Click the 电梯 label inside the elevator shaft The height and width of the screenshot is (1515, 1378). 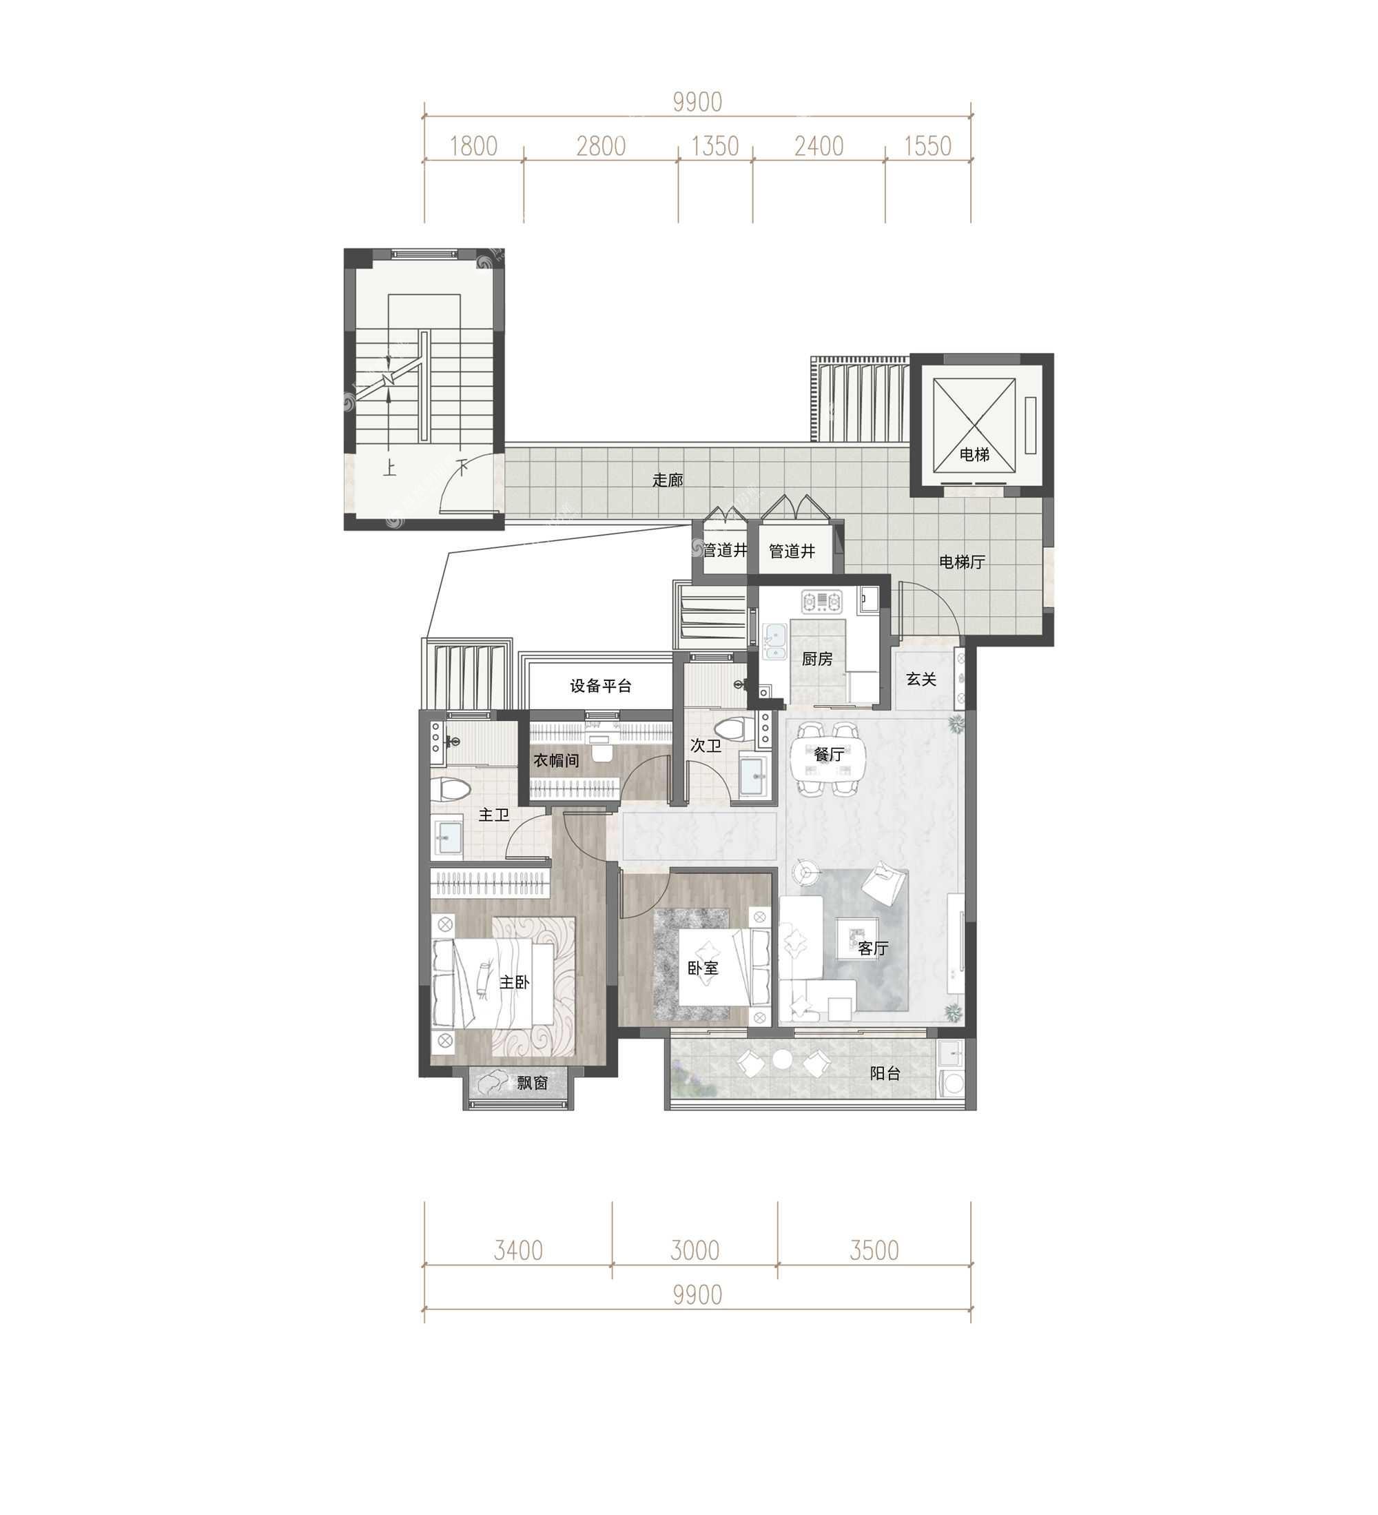974,454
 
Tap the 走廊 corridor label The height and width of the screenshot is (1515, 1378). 667,480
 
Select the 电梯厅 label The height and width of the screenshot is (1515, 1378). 962,561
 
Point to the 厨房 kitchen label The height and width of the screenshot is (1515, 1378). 816,658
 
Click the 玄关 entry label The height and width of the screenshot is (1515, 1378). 921,679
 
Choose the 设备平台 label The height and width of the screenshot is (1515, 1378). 600,685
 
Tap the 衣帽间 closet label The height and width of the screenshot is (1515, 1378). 556,760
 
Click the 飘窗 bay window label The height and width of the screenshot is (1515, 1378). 532,1083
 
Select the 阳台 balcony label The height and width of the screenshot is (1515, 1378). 885,1073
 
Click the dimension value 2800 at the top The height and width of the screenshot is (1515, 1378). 601,146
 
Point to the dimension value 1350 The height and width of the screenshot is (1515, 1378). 714,146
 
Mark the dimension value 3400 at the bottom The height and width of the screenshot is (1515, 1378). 517,1250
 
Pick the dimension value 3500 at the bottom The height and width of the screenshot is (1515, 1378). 874,1250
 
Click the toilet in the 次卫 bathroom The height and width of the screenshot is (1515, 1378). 729,727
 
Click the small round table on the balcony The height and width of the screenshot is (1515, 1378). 782,1059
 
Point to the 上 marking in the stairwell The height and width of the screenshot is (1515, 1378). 389,468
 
